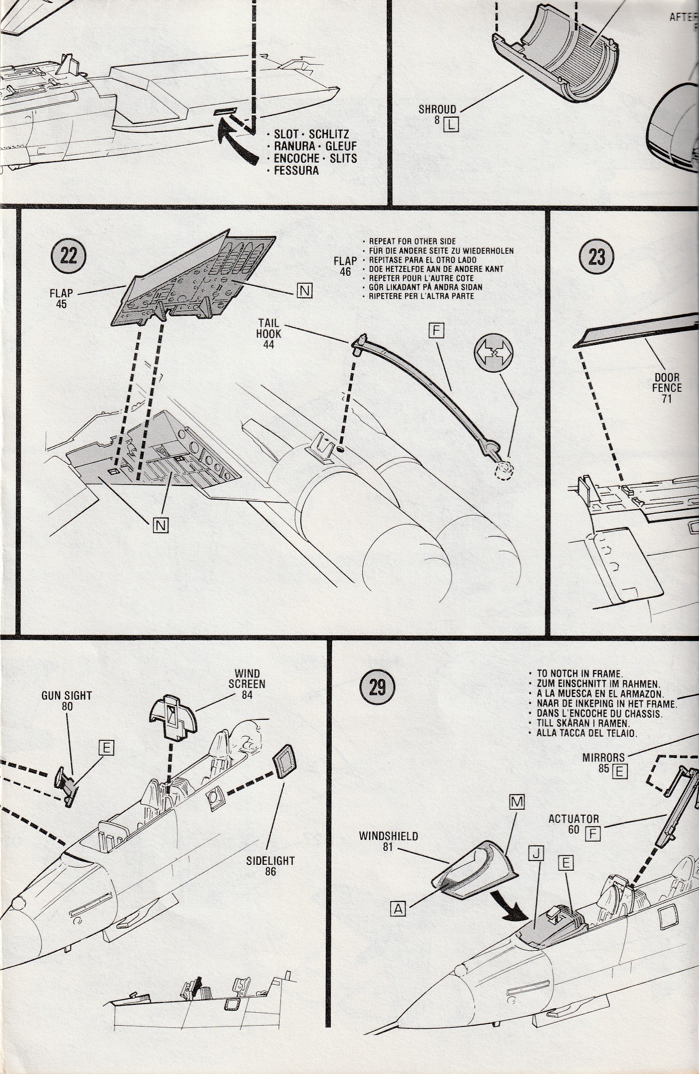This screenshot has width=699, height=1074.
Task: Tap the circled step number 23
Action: (x=596, y=257)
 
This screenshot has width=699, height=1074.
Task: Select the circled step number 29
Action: (x=377, y=687)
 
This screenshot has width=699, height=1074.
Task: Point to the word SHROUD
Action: (x=437, y=110)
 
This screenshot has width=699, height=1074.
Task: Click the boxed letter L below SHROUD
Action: (x=451, y=123)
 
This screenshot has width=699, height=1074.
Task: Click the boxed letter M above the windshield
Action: (x=517, y=802)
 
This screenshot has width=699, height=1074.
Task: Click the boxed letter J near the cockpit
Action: (x=538, y=853)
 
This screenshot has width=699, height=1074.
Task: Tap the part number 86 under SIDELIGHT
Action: (x=270, y=872)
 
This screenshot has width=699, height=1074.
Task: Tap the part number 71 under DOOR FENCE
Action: (x=666, y=399)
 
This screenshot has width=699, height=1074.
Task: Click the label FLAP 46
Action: (x=345, y=266)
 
